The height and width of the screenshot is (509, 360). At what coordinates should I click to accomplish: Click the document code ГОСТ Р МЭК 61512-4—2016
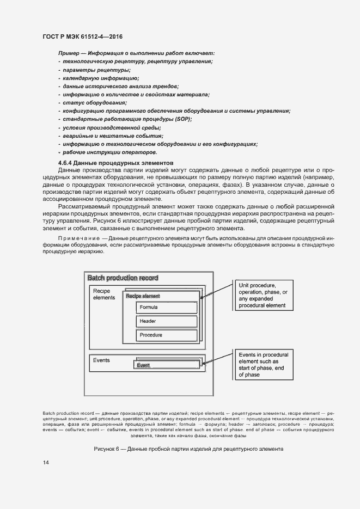pyautogui.click(x=82, y=36)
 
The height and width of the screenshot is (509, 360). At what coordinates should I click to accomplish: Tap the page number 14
pyautogui.click(x=46, y=462)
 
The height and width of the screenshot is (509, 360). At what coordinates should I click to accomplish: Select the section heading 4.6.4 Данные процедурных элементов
pyautogui.click(x=115, y=163)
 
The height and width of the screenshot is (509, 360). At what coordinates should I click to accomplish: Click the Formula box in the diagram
pyautogui.click(x=166, y=307)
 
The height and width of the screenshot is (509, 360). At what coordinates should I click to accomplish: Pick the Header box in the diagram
pyautogui.click(x=166, y=321)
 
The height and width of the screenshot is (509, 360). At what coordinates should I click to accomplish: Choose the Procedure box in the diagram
pyautogui.click(x=166, y=335)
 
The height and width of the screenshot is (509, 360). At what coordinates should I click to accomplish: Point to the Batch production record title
pyautogui.click(x=123, y=278)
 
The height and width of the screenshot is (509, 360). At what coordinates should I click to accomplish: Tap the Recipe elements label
pyautogui.click(x=104, y=295)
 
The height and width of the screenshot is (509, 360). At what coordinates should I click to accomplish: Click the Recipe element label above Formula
pyautogui.click(x=143, y=296)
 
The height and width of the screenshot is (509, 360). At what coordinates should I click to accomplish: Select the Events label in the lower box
pyautogui.click(x=101, y=360)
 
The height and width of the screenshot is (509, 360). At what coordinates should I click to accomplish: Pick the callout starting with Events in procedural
pyautogui.click(x=264, y=365)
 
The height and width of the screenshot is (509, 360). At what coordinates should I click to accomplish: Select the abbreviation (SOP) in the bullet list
pyautogui.click(x=182, y=119)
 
